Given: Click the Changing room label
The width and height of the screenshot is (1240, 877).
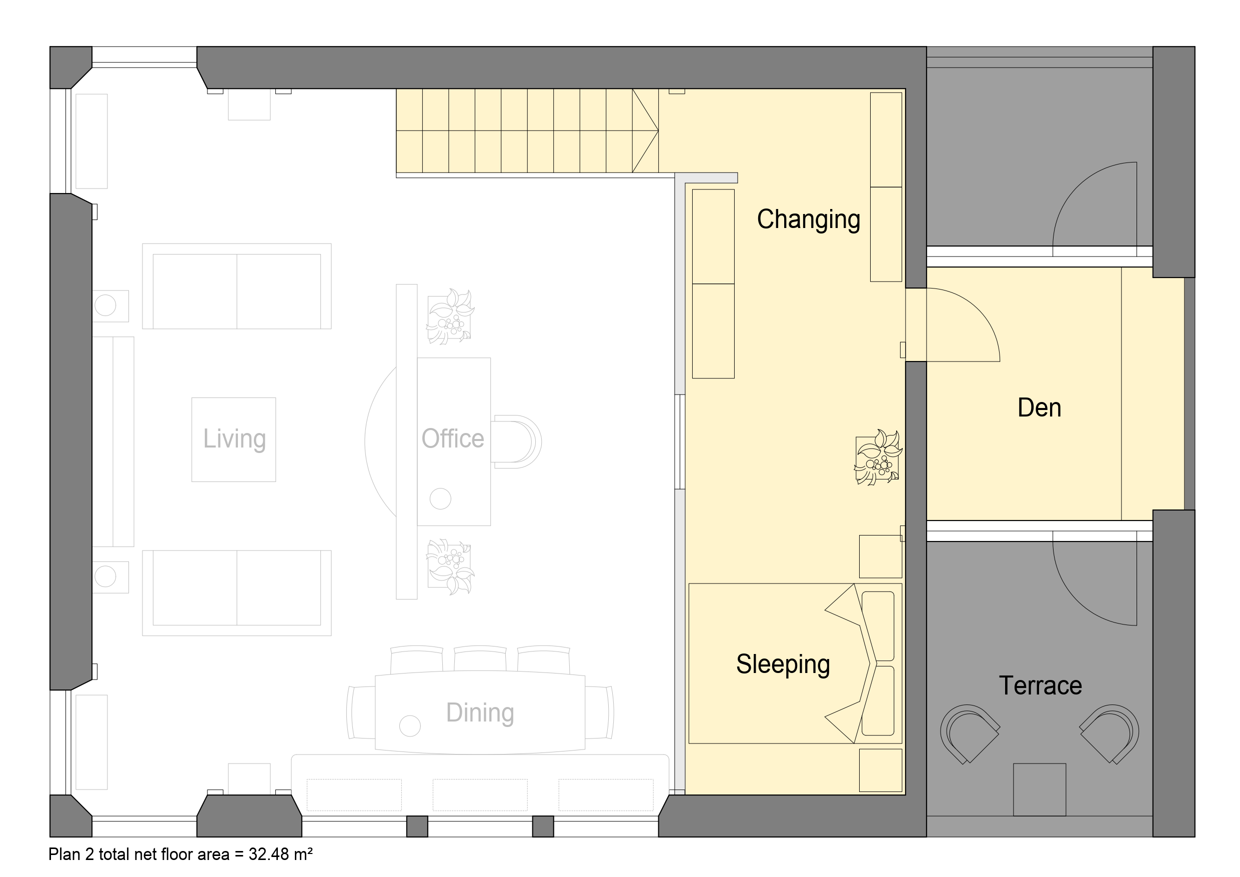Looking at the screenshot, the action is pos(809,220).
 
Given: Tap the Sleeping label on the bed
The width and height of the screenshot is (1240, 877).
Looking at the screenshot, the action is pos(783,664).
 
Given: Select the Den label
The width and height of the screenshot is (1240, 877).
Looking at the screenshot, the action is pos(1039,407).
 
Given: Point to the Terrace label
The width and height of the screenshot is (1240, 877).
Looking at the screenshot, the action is pos(1040,685).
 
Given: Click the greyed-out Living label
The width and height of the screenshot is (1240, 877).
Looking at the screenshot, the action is pos(234,439).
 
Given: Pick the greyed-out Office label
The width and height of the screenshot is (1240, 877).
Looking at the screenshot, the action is pos(453,439).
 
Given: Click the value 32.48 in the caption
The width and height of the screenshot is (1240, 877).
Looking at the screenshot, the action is pos(268,854).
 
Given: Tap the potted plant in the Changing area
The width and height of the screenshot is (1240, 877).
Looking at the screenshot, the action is pos(878,457).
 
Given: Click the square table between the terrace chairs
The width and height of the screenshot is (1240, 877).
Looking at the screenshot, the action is pos(1039,789).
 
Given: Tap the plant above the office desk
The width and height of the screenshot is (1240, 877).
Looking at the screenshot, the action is pos(450,316).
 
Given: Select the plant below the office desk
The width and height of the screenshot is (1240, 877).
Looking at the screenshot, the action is pos(450,567).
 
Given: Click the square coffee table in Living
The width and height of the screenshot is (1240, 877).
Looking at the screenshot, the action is pos(234,439).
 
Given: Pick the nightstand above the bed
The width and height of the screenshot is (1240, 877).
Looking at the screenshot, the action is pos(880,556).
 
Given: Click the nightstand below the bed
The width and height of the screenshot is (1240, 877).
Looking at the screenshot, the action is pos(880,770).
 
